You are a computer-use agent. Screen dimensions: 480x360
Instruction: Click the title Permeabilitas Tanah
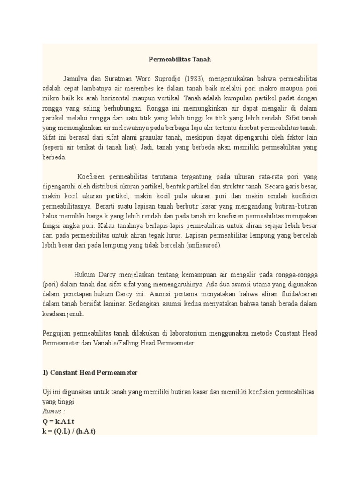(x=180, y=60)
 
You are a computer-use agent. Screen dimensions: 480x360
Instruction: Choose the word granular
(x=157, y=138)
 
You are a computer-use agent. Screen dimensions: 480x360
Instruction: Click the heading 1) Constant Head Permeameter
(x=90, y=372)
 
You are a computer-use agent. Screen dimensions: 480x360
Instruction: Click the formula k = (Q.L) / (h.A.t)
(x=69, y=431)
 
